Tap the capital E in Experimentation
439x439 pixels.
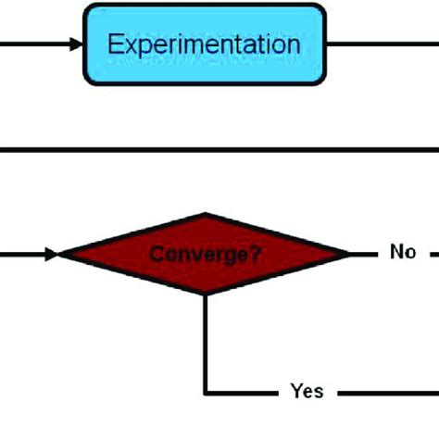[114, 44]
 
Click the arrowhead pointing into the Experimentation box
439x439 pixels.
[75, 44]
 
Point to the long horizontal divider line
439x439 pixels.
[219, 148]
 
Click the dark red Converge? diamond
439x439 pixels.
[205, 253]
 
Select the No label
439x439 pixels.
[403, 251]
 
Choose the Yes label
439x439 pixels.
[307, 392]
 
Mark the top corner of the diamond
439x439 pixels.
[205, 214]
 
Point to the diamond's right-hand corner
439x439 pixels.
[350, 253]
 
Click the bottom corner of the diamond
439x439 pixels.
[205, 293]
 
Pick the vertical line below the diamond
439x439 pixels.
[205, 343]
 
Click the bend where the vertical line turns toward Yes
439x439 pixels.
[205, 392]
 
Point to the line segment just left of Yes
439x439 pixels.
[243, 392]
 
